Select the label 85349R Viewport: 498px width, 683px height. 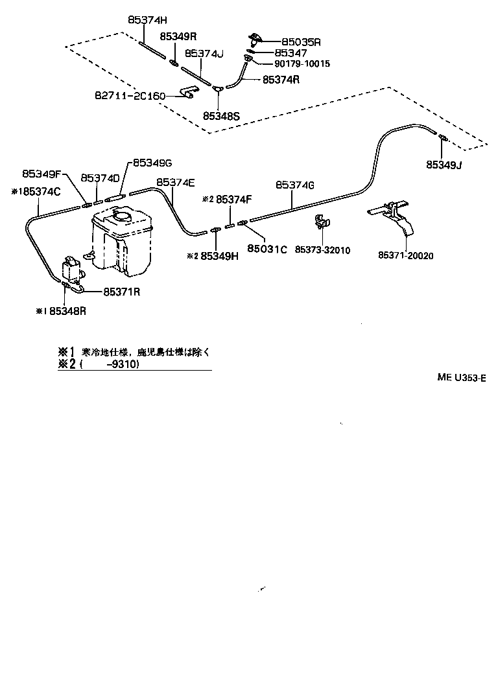[178, 37]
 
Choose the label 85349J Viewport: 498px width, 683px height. [444, 165]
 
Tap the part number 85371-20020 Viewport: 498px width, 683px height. [407, 255]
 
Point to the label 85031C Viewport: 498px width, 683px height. [267, 248]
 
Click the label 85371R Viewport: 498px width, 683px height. [121, 292]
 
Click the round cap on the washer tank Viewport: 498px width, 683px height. [122, 216]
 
